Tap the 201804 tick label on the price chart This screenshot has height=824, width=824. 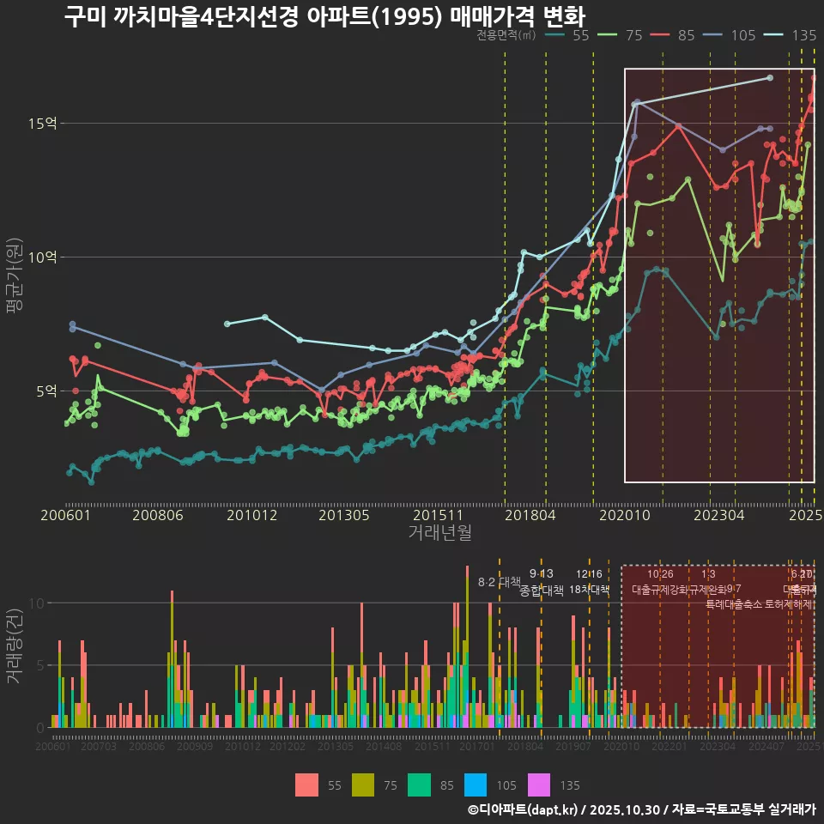click(530, 516)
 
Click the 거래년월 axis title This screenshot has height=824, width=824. click(439, 533)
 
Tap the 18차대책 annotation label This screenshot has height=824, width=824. click(589, 590)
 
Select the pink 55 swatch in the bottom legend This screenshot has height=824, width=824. click(306, 785)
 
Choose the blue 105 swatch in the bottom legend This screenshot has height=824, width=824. click(475, 785)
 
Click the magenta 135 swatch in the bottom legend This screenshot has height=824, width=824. click(539, 785)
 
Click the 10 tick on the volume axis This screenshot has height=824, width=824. click(37, 603)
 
